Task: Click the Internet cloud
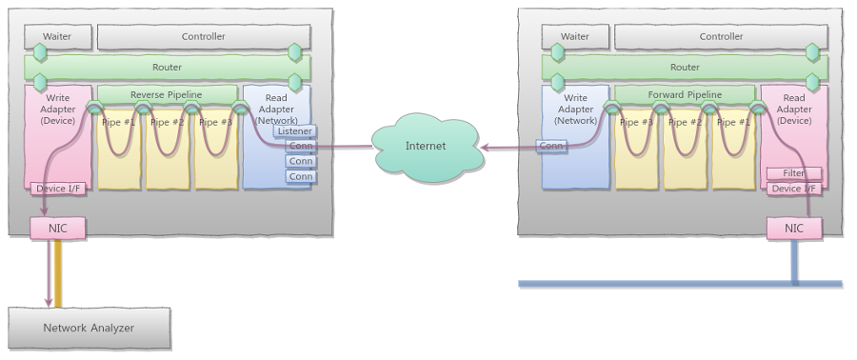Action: [425, 146]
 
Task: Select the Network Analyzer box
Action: [89, 328]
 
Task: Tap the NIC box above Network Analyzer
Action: [58, 228]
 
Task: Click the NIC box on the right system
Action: [794, 228]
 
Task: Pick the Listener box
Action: [295, 131]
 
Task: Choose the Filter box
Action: [794, 173]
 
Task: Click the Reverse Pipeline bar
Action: [167, 94]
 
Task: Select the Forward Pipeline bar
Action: [685, 94]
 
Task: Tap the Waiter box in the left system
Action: [58, 37]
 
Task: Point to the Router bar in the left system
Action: [167, 68]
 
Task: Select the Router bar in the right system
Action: [685, 68]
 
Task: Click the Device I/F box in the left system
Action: [58, 189]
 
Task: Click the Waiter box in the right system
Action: [575, 37]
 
